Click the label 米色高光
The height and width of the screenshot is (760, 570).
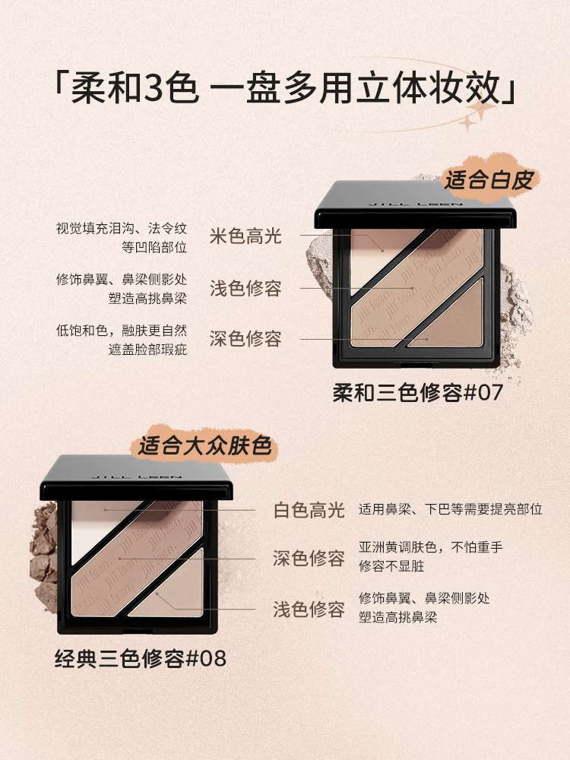pyautogui.click(x=245, y=236)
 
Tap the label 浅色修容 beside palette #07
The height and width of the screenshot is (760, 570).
pyautogui.click(x=245, y=288)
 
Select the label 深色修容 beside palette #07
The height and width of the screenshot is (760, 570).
pyautogui.click(x=245, y=338)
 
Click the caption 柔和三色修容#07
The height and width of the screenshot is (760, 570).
pyautogui.click(x=418, y=393)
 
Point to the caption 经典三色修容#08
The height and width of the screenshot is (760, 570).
pyautogui.click(x=141, y=659)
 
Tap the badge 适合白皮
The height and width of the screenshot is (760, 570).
pyautogui.click(x=489, y=180)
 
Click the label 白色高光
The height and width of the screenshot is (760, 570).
pyautogui.click(x=309, y=510)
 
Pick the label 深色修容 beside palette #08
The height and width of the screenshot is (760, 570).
pyautogui.click(x=309, y=559)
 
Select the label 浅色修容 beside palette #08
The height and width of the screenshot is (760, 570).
pyautogui.click(x=309, y=610)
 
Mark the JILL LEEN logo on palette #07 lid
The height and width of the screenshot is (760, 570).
pyautogui.click(x=416, y=204)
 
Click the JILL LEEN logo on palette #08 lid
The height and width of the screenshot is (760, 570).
pyautogui.click(x=137, y=477)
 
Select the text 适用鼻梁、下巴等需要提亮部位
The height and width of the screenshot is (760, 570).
pyautogui.click(x=450, y=509)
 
